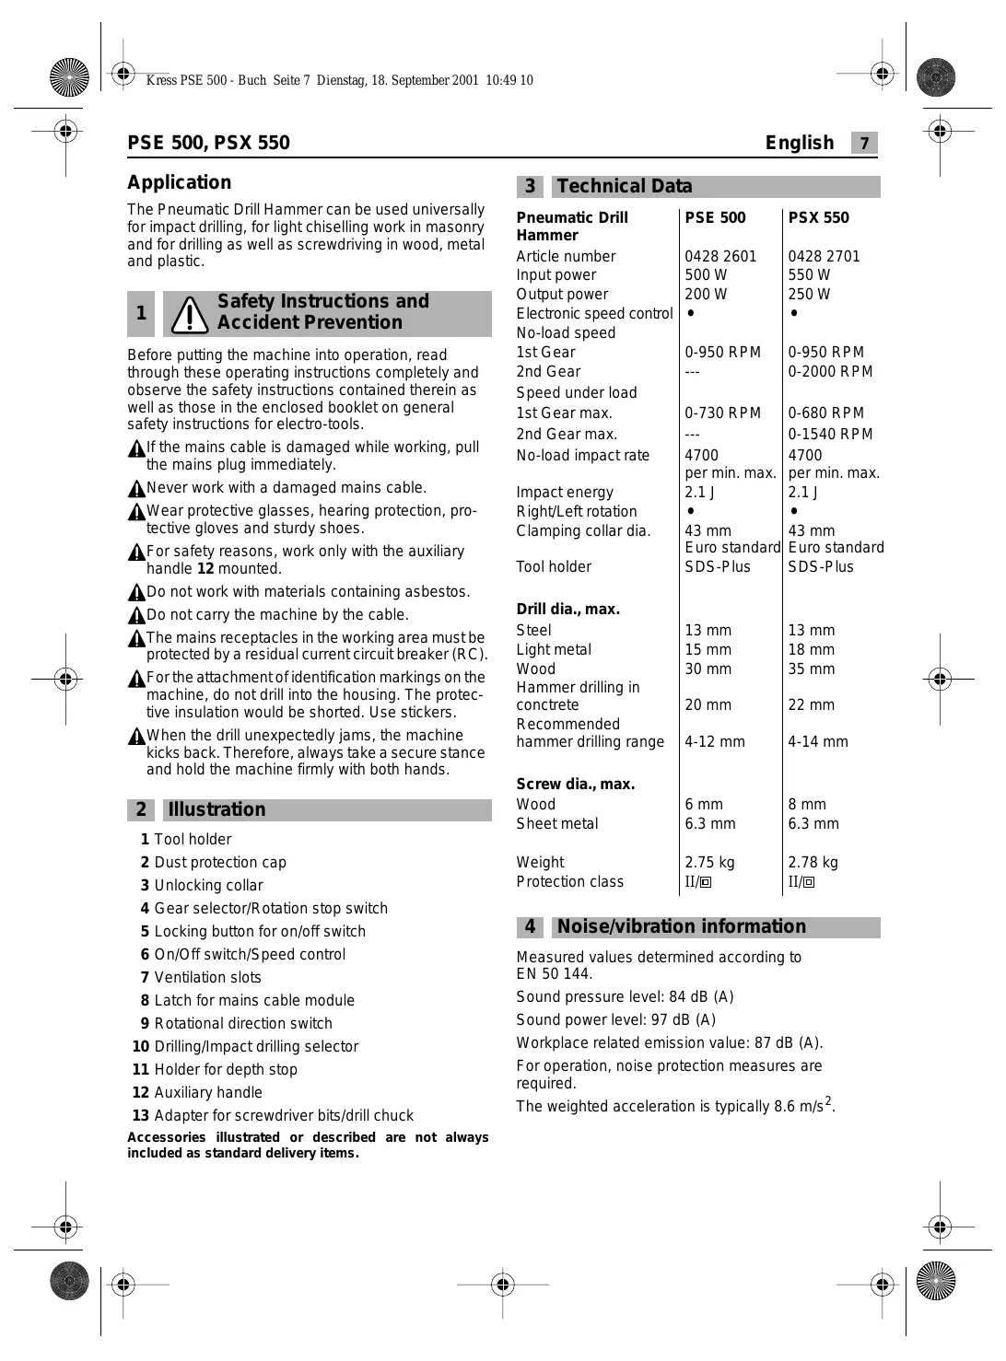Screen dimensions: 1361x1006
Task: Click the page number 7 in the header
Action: click(864, 144)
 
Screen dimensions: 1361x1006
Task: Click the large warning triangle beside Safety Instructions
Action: click(191, 315)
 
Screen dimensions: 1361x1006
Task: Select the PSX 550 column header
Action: click(818, 218)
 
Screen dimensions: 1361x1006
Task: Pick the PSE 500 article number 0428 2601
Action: click(719, 257)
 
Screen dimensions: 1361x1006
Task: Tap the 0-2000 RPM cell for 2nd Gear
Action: click(829, 372)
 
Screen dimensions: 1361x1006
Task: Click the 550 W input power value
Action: click(809, 275)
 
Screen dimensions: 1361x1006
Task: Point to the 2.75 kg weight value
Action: click(709, 863)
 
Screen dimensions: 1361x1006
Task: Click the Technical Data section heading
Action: click(624, 187)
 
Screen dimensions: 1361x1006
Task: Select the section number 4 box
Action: click(530, 927)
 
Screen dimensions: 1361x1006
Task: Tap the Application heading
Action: click(179, 182)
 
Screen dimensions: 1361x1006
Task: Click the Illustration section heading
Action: click(216, 810)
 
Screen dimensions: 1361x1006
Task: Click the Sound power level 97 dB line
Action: click(615, 1020)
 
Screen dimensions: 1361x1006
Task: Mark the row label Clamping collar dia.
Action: click(583, 531)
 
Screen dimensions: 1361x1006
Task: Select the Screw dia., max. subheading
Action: click(575, 785)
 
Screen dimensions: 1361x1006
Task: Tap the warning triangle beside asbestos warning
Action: click(136, 593)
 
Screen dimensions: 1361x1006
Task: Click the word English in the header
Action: click(799, 144)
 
